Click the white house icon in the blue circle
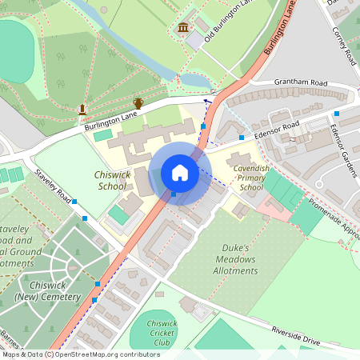[x=180, y=173]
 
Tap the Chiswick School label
[x=112, y=180]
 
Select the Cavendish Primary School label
[x=250, y=178]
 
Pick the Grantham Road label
[x=302, y=83]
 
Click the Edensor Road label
[x=278, y=128]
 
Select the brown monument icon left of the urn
[x=82, y=109]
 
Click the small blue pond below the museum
[x=194, y=80]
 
